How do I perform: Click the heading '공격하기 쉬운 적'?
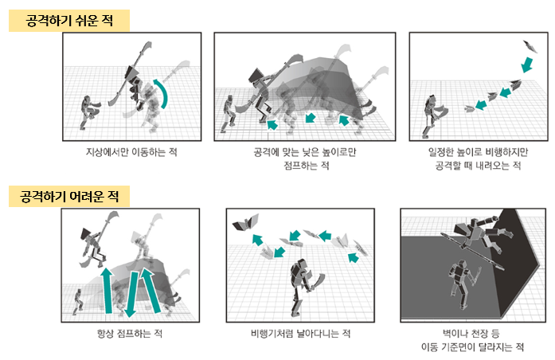click(x=69, y=21)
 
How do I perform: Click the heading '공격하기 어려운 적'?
click(x=69, y=196)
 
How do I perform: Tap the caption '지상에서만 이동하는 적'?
click(x=131, y=152)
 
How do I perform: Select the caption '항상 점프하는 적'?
click(x=130, y=334)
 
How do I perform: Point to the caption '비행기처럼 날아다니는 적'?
click(x=300, y=334)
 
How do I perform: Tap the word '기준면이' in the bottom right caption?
click(x=460, y=347)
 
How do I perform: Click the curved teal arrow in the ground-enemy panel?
click(x=163, y=92)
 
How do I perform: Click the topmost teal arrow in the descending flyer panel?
click(x=527, y=65)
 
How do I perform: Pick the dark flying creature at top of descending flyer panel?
click(x=530, y=46)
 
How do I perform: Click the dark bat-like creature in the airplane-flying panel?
click(x=245, y=222)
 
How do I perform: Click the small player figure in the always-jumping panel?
click(x=78, y=302)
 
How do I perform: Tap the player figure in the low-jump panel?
click(x=229, y=114)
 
